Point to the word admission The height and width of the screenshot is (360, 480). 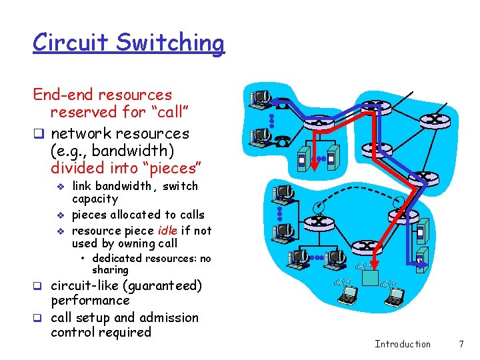pyautogui.click(x=170, y=317)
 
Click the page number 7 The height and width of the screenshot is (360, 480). pyautogui.click(x=461, y=344)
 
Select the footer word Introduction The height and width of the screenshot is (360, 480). pyautogui.click(x=403, y=344)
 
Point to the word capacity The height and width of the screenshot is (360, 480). pyautogui.click(x=95, y=199)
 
